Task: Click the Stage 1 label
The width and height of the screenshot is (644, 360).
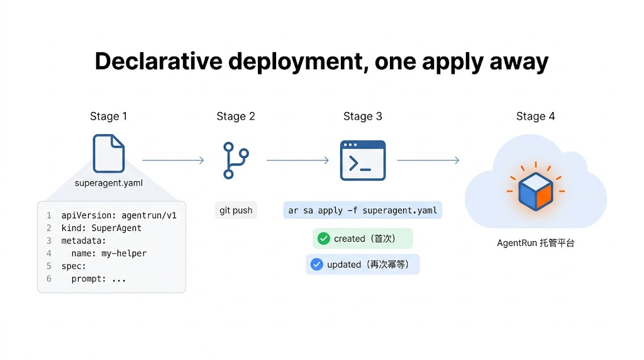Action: tap(108, 116)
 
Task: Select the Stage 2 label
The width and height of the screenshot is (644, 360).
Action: tap(236, 116)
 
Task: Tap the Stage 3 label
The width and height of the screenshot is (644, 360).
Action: tap(362, 116)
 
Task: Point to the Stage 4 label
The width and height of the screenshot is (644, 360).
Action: tap(535, 116)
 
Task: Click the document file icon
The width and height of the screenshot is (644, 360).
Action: tap(109, 154)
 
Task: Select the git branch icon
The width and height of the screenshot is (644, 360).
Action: tap(235, 160)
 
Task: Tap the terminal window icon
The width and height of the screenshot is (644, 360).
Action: tap(362, 160)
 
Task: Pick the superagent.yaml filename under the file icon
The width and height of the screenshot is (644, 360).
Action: tap(108, 183)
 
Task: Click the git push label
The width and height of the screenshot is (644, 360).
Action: tap(236, 210)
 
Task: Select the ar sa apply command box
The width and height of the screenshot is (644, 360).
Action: tap(362, 210)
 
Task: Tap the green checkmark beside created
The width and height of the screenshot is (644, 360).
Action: tap(324, 239)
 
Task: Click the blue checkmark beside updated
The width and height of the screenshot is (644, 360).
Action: tap(317, 264)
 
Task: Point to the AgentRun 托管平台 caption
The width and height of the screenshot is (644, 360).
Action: tap(535, 243)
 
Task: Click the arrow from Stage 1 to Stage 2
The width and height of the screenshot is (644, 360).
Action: tap(173, 160)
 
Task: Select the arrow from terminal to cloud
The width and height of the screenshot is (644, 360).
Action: tap(428, 160)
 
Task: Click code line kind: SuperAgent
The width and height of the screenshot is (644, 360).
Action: tap(101, 228)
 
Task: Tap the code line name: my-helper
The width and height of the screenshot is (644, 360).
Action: tap(108, 253)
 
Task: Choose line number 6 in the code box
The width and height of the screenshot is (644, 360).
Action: tap(48, 278)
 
